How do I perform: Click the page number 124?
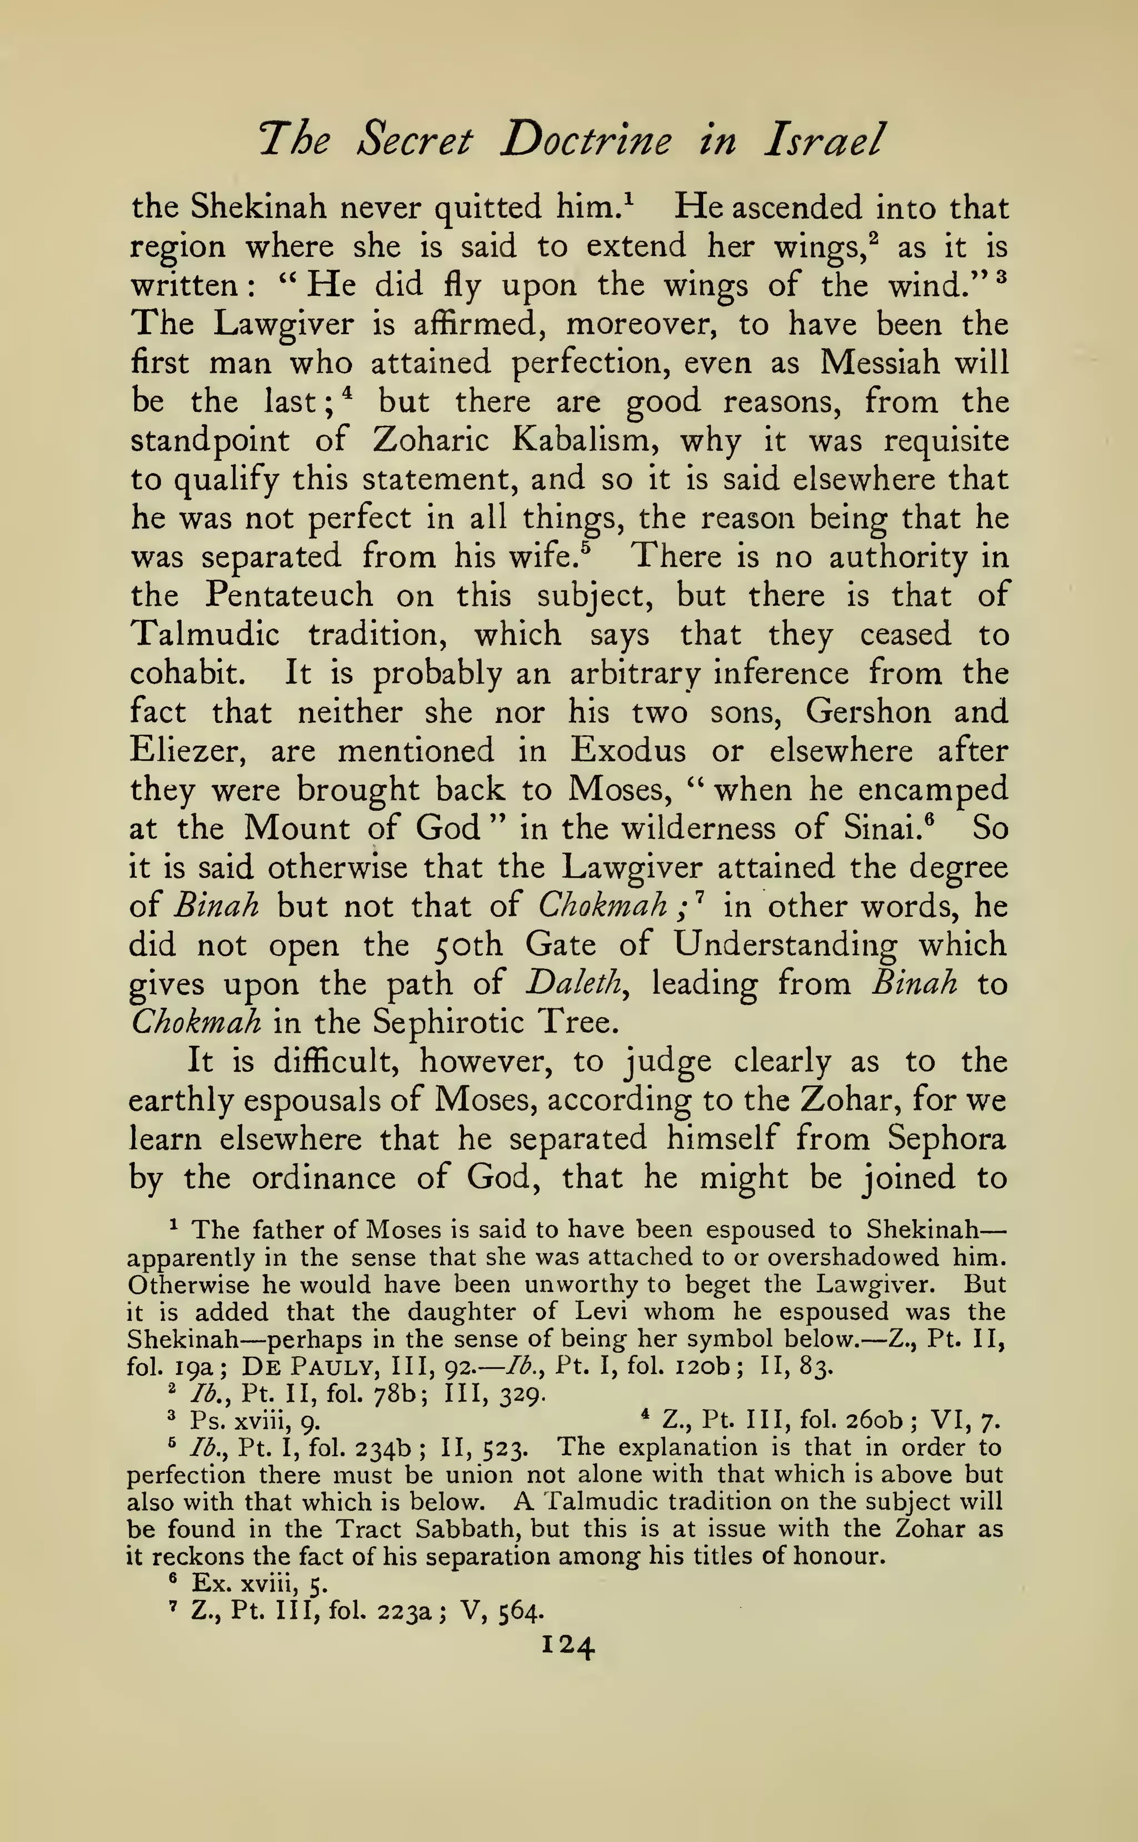click(x=568, y=1646)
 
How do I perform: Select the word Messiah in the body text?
click(x=879, y=363)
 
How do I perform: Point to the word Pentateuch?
click(x=289, y=595)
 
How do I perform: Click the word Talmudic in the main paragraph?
click(x=204, y=635)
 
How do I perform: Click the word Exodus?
click(x=628, y=751)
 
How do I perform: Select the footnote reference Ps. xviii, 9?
click(x=257, y=1421)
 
